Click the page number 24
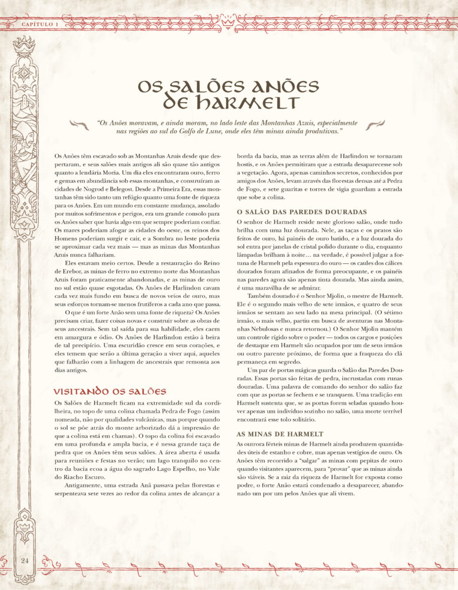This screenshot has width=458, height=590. [x=25, y=560]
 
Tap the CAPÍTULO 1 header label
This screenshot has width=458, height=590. [x=40, y=24]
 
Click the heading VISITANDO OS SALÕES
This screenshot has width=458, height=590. [x=110, y=391]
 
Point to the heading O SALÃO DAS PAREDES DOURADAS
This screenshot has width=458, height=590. [x=301, y=212]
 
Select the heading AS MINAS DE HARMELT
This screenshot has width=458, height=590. [x=279, y=434]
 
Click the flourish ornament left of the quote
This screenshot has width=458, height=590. [x=78, y=125]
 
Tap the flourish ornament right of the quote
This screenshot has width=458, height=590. [x=374, y=125]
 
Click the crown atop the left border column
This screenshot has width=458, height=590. [x=25, y=42]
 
